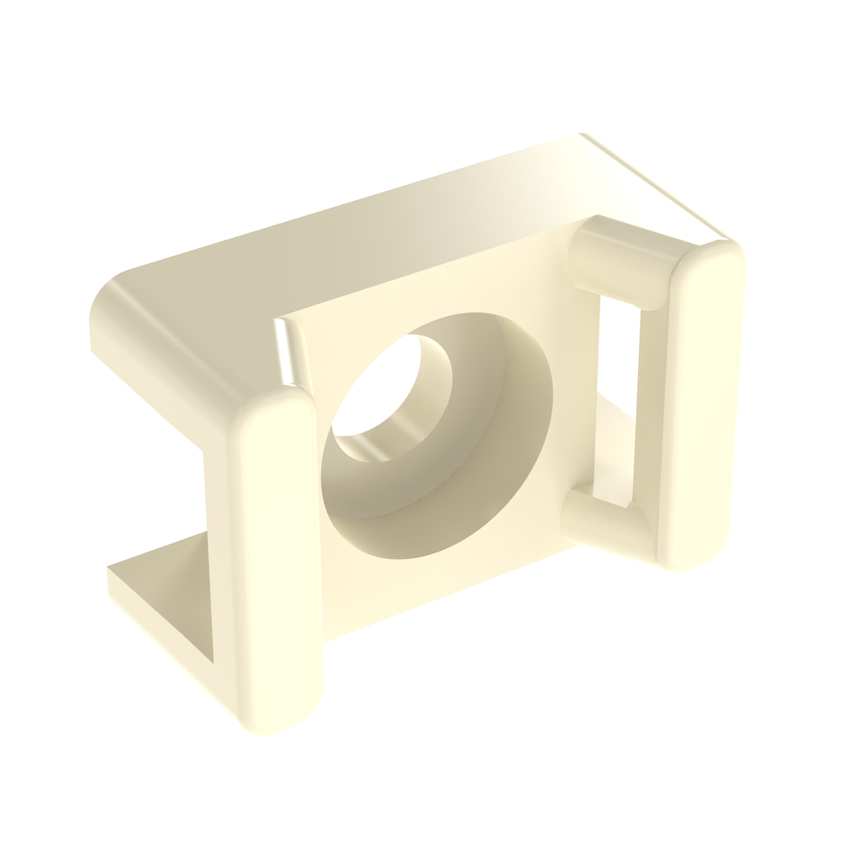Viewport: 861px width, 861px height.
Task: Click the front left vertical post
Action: click(x=277, y=555)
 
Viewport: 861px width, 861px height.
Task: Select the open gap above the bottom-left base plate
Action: click(x=160, y=488)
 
